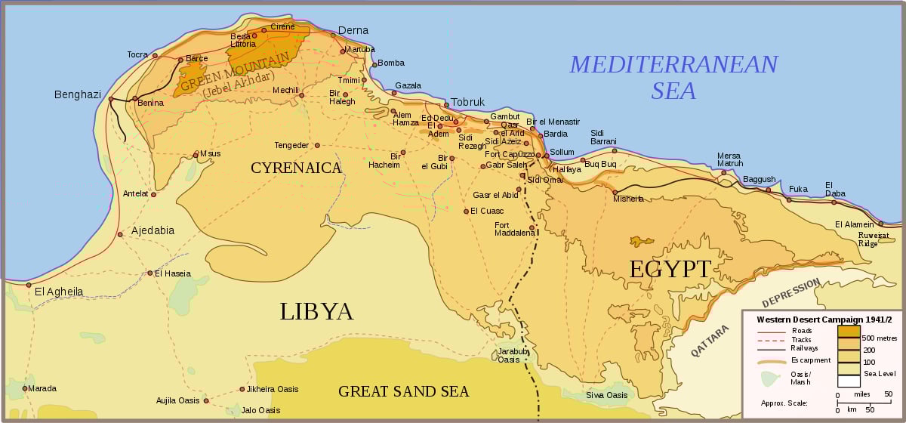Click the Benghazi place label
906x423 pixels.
point(77,94)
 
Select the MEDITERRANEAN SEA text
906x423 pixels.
point(673,77)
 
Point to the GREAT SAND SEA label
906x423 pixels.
point(403,391)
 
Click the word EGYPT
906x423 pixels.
point(670,269)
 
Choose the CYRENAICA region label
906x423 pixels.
point(297,168)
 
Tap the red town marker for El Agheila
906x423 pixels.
point(29,285)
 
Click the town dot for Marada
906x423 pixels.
point(24,388)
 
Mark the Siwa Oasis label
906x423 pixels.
point(606,395)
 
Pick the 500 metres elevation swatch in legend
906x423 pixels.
point(849,331)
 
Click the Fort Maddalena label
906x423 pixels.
point(514,229)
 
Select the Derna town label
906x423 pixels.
point(353,30)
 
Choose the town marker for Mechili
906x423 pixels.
point(301,95)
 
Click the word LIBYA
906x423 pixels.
point(316,311)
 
